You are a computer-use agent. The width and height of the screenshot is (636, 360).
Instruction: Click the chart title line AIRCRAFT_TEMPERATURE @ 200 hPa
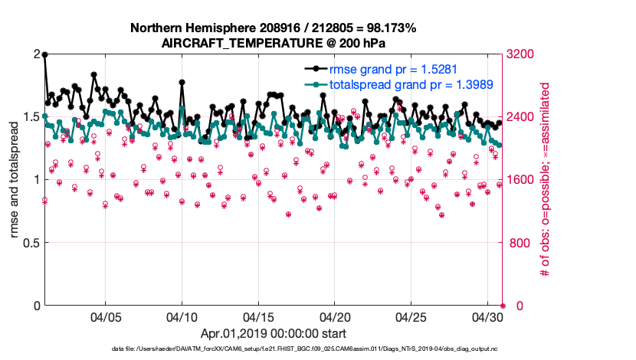tap(274, 44)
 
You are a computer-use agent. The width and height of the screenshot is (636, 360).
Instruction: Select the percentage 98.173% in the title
tap(390, 28)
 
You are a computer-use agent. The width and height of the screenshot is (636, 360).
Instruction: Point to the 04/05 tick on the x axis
tap(107, 317)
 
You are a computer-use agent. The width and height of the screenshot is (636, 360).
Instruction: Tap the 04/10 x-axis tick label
tap(182, 317)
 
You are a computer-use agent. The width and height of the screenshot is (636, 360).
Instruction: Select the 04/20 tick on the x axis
tap(336, 317)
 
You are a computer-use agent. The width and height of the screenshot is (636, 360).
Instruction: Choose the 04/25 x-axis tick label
tap(412, 317)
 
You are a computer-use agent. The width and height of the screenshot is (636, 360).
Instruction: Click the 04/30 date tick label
tap(488, 317)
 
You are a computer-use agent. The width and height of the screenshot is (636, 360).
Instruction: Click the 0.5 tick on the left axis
tap(31, 243)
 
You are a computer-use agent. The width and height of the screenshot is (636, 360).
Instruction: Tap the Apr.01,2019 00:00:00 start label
tap(274, 334)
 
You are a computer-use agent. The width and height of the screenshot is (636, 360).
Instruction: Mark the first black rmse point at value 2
tap(45, 55)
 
